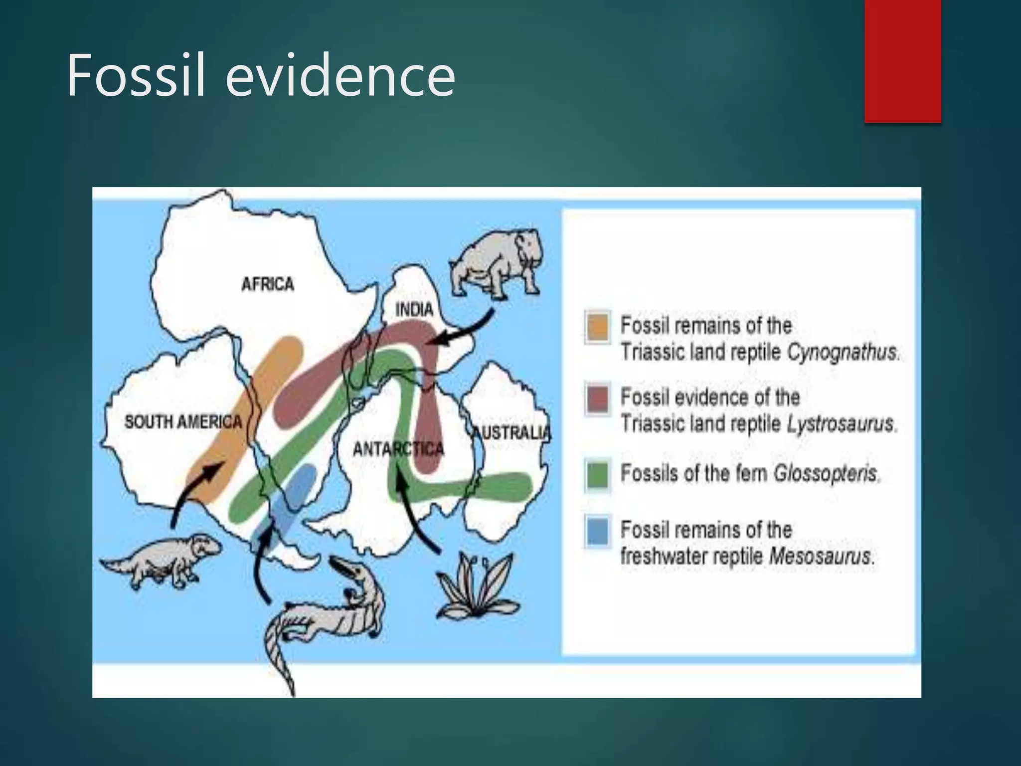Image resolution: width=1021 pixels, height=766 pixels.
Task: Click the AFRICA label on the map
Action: (268, 284)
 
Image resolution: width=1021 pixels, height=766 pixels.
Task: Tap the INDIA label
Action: (414, 310)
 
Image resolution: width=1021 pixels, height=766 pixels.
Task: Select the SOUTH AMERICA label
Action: (183, 422)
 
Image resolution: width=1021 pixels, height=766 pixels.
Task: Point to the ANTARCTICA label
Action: (398, 449)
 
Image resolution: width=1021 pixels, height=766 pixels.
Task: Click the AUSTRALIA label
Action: (511, 432)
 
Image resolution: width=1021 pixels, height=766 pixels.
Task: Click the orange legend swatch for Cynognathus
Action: (597, 327)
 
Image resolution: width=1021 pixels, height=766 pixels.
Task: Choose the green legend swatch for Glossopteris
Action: (597, 475)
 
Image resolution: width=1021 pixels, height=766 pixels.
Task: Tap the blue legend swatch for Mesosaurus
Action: (597, 531)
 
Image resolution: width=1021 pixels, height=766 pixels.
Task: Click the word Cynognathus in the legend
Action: (843, 353)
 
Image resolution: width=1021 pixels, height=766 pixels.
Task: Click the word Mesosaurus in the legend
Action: (820, 556)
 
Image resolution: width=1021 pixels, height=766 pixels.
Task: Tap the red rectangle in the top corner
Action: (902, 61)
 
